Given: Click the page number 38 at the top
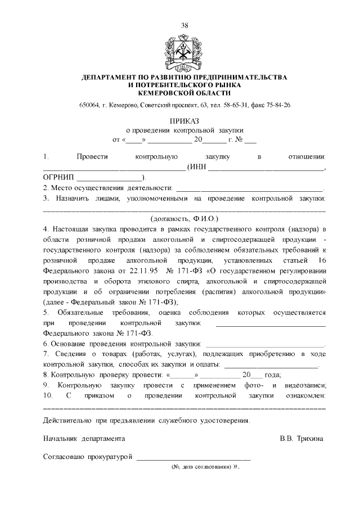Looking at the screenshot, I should tap(184, 25).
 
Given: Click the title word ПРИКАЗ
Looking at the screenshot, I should tap(184, 121).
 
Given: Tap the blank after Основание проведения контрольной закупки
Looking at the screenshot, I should tap(265, 343).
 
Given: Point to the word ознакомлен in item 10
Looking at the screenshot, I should tap(304, 395).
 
